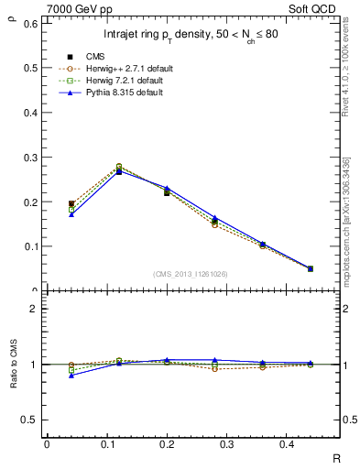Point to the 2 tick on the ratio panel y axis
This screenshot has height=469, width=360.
34,310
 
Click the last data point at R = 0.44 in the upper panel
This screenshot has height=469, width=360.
310,268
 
